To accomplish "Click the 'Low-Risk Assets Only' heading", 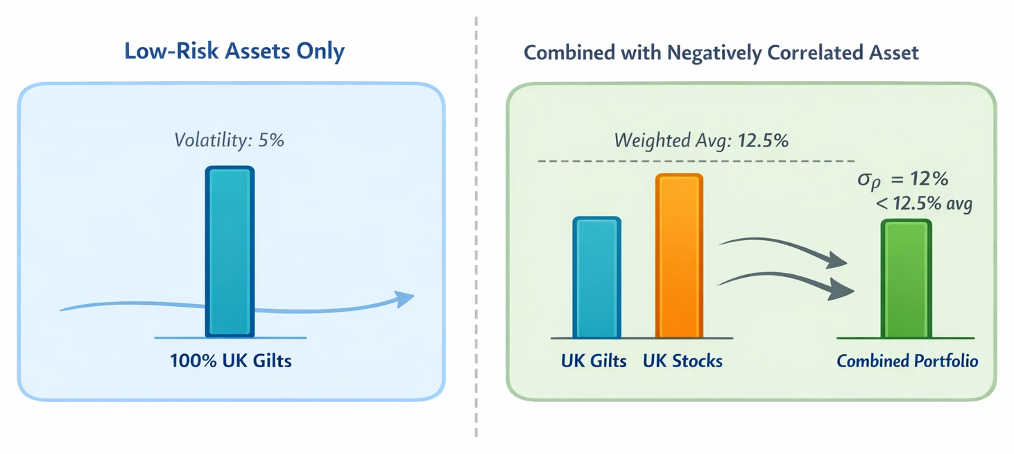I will (x=234, y=52).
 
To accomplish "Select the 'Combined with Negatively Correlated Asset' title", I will (x=721, y=53).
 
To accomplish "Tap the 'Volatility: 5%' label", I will (x=230, y=140).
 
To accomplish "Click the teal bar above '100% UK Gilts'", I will (x=230, y=251).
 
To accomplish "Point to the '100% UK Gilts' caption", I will (x=230, y=361).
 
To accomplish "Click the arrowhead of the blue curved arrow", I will (x=404, y=299).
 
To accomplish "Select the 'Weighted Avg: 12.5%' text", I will (x=701, y=140).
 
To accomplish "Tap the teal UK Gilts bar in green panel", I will (x=596, y=277).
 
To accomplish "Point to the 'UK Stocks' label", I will (x=682, y=361).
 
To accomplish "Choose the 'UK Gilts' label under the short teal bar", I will (x=594, y=361).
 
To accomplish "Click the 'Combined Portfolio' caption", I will (x=907, y=361).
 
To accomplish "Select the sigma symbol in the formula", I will (x=866, y=180).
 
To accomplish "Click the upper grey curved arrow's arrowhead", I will (x=838, y=262).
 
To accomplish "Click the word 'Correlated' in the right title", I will (x=813, y=53).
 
